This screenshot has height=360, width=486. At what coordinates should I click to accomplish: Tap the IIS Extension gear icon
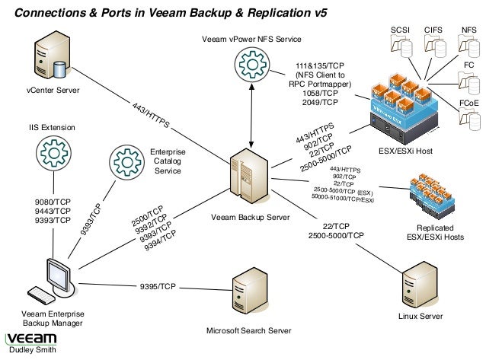click(x=53, y=152)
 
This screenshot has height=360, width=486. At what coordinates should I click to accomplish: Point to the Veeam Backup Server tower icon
click(x=251, y=180)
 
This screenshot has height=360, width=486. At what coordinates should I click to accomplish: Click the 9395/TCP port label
click(x=158, y=287)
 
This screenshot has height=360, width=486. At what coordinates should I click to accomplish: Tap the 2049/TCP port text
click(x=319, y=102)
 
